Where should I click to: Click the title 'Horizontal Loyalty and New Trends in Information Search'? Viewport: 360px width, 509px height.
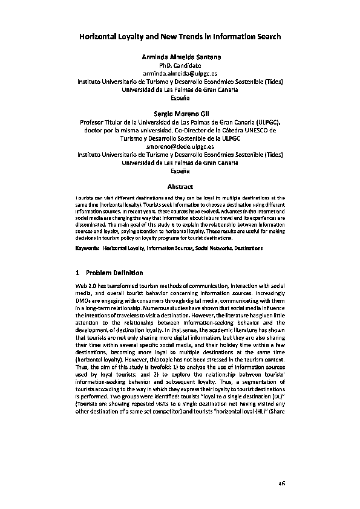click(x=180, y=37)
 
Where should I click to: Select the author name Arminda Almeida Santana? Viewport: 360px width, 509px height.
click(x=180, y=56)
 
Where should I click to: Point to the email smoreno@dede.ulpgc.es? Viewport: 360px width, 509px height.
click(x=180, y=146)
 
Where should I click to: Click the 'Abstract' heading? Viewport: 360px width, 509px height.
click(x=180, y=186)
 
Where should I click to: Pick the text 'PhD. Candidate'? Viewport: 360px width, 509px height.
click(x=180, y=65)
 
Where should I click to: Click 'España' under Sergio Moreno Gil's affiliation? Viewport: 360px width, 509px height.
click(x=180, y=171)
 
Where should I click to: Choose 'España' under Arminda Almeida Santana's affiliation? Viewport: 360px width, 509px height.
click(x=180, y=97)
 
